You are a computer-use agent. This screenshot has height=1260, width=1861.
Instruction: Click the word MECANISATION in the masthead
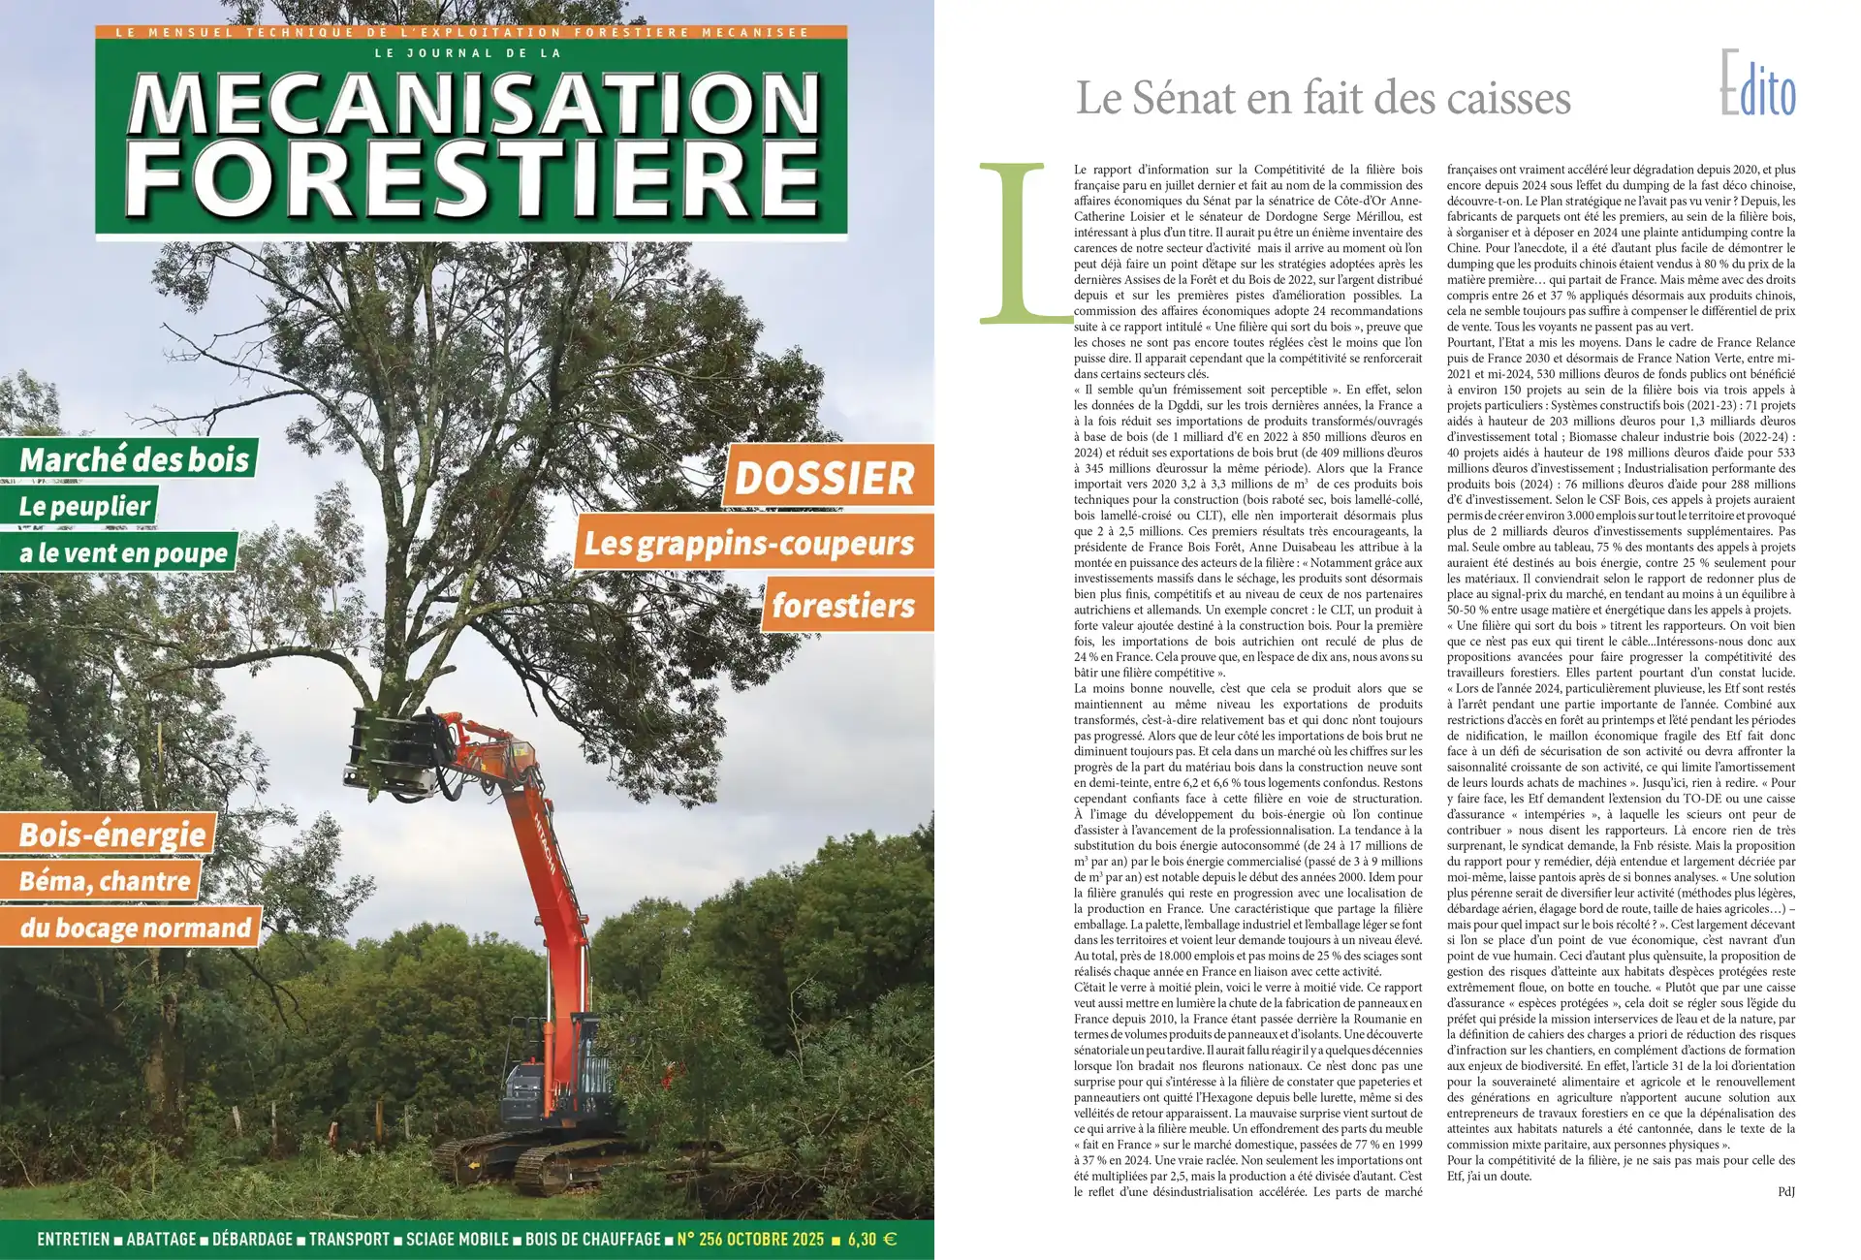[473, 105]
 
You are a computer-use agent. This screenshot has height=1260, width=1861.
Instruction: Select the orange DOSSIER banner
[825, 477]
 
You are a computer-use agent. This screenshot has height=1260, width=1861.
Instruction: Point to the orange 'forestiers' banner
[843, 606]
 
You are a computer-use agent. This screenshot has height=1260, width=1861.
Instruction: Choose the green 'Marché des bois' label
[134, 458]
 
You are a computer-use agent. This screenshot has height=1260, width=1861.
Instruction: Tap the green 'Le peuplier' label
[84, 506]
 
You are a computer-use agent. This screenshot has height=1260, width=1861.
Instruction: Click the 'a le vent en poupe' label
[123, 552]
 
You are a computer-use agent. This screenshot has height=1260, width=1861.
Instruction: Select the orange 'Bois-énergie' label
[112, 835]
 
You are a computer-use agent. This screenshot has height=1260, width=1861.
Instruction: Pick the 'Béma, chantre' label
[105, 881]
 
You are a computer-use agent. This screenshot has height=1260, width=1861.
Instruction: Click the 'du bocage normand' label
[135, 928]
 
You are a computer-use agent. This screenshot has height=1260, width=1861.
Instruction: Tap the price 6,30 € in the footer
[871, 1239]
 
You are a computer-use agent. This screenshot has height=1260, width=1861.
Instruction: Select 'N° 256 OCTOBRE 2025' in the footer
[750, 1239]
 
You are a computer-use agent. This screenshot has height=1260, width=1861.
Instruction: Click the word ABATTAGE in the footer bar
[161, 1239]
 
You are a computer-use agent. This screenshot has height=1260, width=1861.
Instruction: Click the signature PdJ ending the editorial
[1785, 1191]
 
